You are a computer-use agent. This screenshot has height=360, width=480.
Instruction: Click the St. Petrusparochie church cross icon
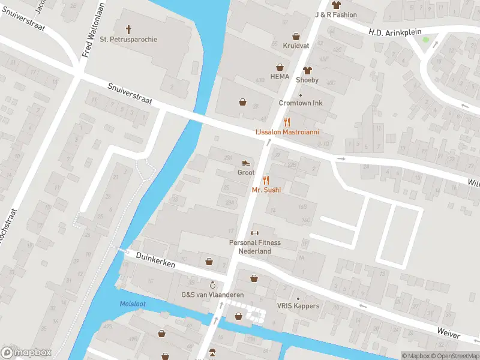point(128,29)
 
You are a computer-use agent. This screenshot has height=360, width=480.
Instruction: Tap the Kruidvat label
point(295,45)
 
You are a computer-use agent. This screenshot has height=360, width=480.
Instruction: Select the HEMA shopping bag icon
point(280,67)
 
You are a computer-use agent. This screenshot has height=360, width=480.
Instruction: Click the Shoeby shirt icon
point(307,70)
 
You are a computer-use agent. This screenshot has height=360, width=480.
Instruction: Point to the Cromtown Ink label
point(301,103)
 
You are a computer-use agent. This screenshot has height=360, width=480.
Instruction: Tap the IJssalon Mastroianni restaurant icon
point(287,122)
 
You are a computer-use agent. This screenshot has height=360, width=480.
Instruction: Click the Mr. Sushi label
point(266,190)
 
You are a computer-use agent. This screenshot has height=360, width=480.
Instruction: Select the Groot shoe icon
point(246,163)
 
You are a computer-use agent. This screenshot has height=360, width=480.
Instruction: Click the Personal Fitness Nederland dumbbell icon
point(254,233)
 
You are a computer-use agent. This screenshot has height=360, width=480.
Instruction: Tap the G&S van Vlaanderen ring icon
point(212,284)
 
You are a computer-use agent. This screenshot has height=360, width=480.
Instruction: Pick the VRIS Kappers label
point(298,306)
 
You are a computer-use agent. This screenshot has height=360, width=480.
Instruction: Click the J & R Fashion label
point(336,14)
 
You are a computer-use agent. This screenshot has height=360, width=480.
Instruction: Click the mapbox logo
point(26,352)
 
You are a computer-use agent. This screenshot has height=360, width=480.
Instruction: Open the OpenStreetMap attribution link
point(454,356)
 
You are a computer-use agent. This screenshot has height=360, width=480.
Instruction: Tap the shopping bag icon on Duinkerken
point(209,262)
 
